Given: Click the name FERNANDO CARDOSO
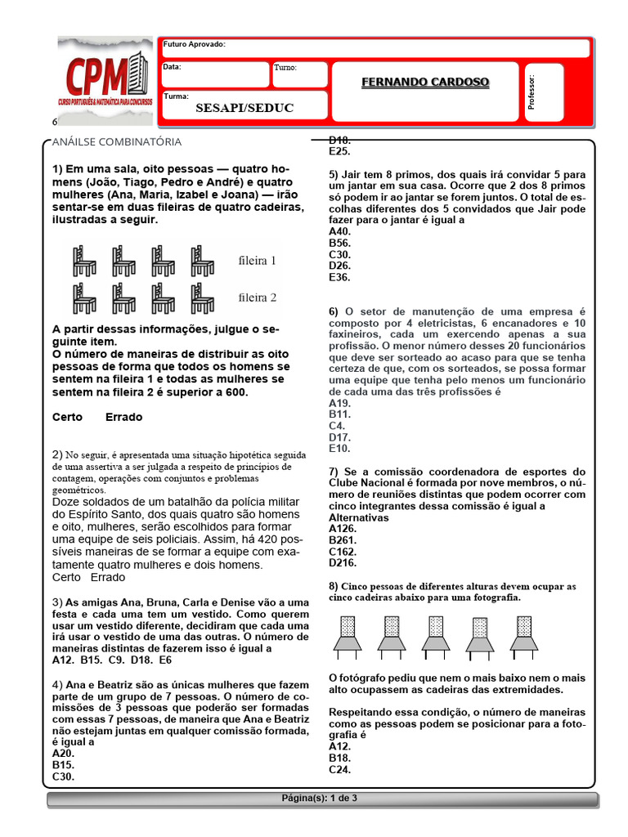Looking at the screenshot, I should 425,83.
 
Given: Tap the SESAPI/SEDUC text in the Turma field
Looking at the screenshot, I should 244,108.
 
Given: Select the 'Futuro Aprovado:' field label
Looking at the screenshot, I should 195,44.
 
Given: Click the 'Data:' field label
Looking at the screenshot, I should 172,67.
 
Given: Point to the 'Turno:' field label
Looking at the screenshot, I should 286,69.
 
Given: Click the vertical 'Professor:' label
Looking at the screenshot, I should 532,92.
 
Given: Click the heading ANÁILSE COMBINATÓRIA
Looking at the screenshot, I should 117,142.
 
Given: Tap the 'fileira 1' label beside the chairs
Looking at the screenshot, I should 257,262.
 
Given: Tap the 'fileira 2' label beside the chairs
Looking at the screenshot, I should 257,297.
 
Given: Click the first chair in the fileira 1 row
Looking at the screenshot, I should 84,262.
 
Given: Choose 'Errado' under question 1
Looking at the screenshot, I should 124,417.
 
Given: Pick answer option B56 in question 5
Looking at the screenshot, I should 339,243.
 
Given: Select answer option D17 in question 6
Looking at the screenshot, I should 339,437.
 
